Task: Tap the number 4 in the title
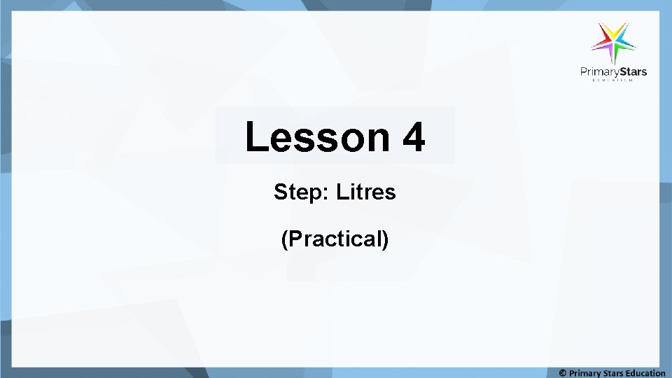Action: click(414, 137)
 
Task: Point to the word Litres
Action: click(366, 192)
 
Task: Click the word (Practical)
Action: click(335, 239)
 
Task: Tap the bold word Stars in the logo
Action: click(631, 71)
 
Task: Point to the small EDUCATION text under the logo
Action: click(613, 80)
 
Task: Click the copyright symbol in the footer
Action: click(562, 373)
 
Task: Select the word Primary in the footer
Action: click(584, 373)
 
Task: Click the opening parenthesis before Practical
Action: click(284, 239)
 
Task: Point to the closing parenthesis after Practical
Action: click(386, 239)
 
